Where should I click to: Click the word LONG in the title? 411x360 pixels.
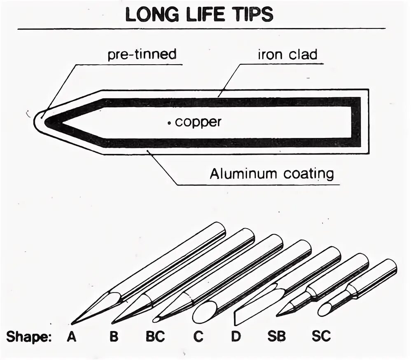click(x=150, y=15)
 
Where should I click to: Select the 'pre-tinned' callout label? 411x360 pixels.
click(x=142, y=54)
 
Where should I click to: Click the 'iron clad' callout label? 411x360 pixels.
click(x=287, y=55)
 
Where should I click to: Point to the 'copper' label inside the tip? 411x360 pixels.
click(x=198, y=122)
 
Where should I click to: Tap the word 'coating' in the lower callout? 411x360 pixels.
click(x=308, y=174)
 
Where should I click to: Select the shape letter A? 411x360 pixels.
click(x=72, y=337)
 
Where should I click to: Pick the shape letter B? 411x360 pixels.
click(x=114, y=337)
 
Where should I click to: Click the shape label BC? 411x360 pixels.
click(x=155, y=337)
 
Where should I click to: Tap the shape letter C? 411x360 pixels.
click(x=198, y=337)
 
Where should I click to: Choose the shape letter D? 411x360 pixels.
click(x=235, y=337)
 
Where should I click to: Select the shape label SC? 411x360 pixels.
click(x=321, y=337)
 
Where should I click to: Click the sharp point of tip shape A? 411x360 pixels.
click(x=72, y=324)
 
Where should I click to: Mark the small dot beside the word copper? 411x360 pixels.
click(x=170, y=122)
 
